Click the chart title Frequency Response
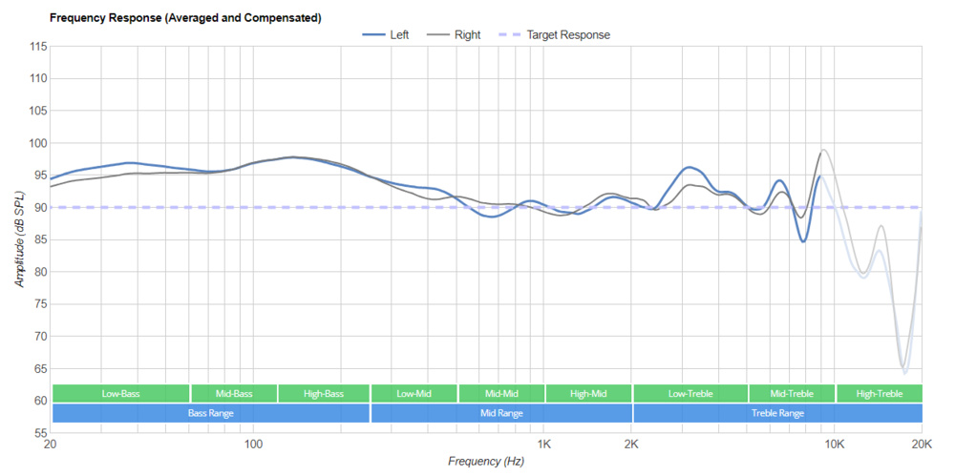pos(184,18)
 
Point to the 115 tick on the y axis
pos(38,47)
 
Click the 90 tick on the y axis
pos(38,207)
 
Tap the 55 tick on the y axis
pos(38,433)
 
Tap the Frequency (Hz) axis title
pos(486,462)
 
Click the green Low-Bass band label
pos(120,393)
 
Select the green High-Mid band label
pos(588,393)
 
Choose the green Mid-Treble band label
pos(791,393)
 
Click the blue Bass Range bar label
pos(210,413)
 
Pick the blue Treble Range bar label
pos(777,413)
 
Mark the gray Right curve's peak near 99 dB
pos(823,150)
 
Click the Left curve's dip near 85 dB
pos(803,241)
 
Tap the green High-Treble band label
pos(879,393)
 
